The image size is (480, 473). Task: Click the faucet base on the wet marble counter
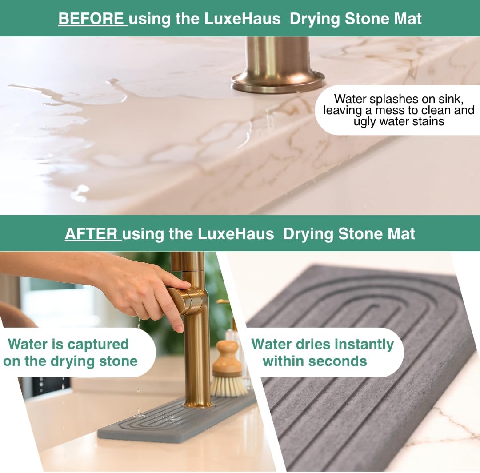point(278,80)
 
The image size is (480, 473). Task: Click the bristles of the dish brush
point(228,386)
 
